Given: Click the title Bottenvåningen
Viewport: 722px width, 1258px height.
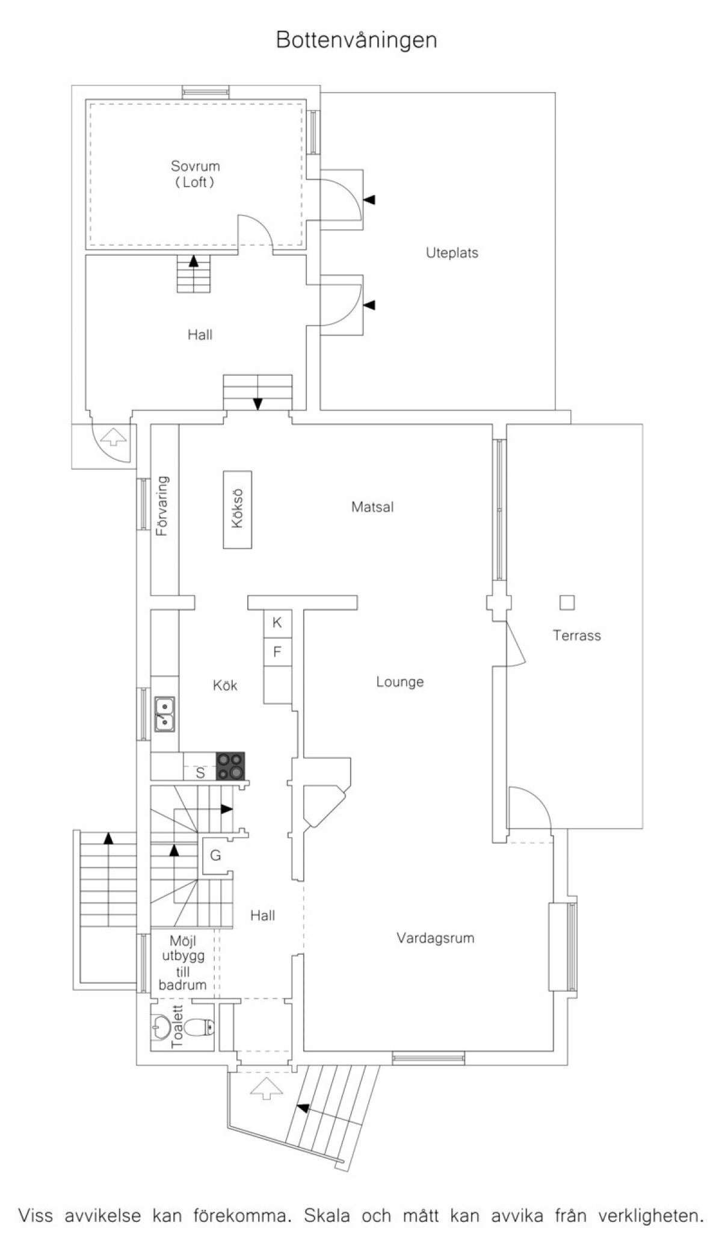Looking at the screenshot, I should point(356,40).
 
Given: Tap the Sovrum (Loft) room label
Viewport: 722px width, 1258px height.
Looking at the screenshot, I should point(195,174).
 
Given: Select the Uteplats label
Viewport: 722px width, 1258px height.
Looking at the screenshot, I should point(452,253).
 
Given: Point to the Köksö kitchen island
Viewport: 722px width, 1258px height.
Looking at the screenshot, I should point(237,509).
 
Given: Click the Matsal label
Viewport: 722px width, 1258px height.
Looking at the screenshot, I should point(372,507).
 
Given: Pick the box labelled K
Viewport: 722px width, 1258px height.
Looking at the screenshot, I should point(277,622).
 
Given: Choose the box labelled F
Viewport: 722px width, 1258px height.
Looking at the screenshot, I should point(277,651).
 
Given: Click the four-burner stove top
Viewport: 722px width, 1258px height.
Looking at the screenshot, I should point(230,766).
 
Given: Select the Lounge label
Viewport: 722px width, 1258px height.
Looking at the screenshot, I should point(400,682).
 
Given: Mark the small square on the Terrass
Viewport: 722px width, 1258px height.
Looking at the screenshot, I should point(567,602).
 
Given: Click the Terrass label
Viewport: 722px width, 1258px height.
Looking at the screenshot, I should point(577,636).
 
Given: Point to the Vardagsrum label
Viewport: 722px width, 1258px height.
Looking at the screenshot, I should point(436,938).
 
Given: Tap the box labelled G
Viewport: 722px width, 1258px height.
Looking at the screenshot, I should point(215,855).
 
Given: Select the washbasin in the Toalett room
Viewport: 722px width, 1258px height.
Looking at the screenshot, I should point(160,1026).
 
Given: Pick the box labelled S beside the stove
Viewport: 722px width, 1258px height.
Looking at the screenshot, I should point(200,772).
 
